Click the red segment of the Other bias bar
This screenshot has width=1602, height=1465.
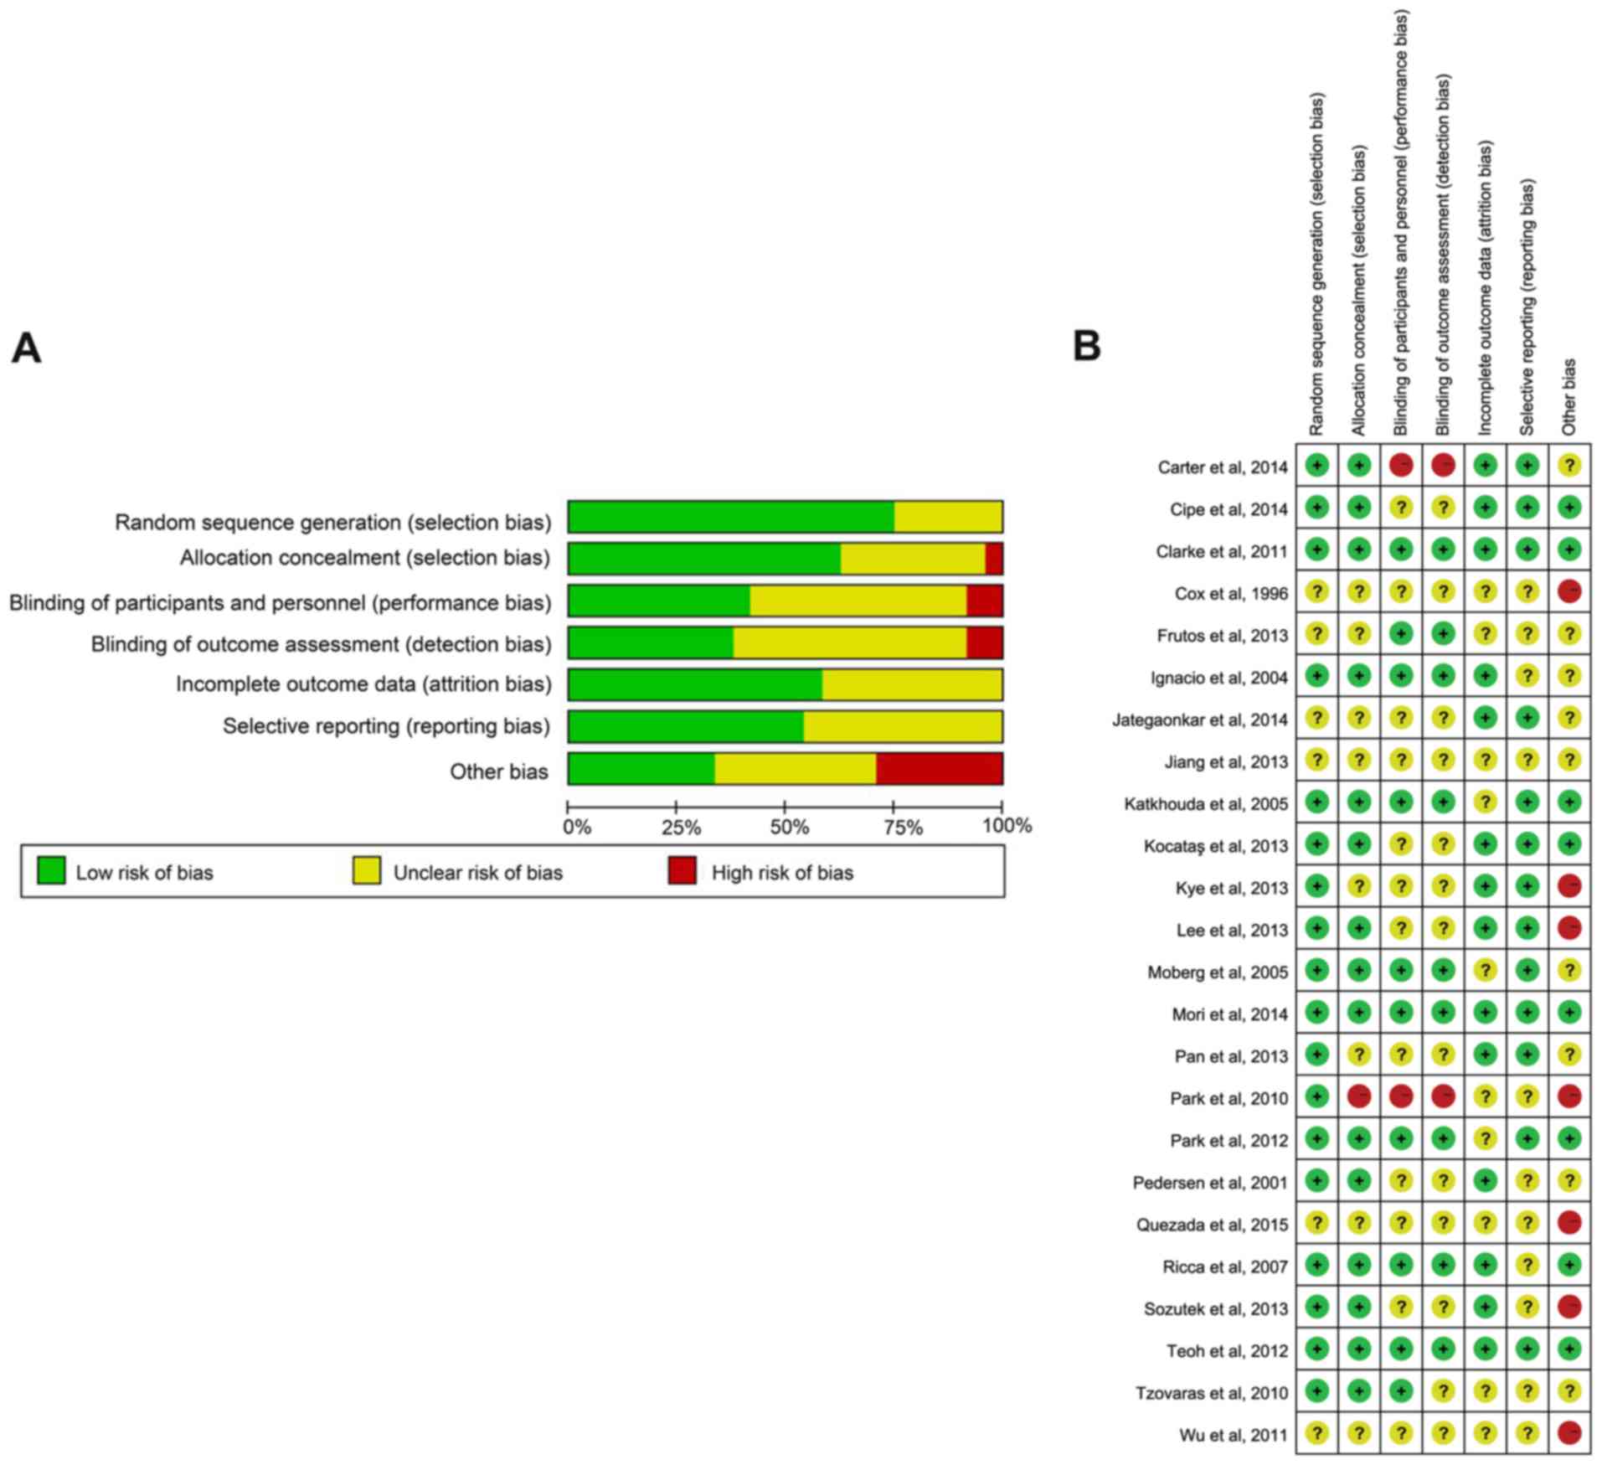coord(939,769)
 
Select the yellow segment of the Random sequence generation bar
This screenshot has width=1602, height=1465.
coord(947,517)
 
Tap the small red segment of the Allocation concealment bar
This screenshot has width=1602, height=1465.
coord(993,559)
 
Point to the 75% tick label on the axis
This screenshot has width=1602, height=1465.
coord(903,828)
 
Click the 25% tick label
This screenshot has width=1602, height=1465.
coord(681,828)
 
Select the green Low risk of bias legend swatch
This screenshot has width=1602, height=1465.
coord(51,871)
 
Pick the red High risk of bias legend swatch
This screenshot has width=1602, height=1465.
coord(682,871)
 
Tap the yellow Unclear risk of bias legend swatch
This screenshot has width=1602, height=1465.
coord(366,871)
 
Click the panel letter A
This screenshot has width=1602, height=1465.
coord(26,348)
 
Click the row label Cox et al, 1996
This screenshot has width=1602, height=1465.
coord(1230,594)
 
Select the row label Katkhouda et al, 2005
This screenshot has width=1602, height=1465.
coord(1205,804)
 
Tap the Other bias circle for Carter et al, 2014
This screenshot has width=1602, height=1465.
coord(1569,466)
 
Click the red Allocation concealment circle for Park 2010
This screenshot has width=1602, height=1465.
coord(1359,1096)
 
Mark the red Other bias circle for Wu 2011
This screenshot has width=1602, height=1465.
coord(1569,1433)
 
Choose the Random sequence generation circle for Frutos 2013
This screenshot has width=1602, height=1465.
coord(1317,634)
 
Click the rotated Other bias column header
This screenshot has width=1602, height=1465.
coord(1569,396)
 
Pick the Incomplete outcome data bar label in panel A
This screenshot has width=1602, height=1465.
coord(363,684)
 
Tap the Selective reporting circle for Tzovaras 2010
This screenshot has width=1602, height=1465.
coord(1527,1391)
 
